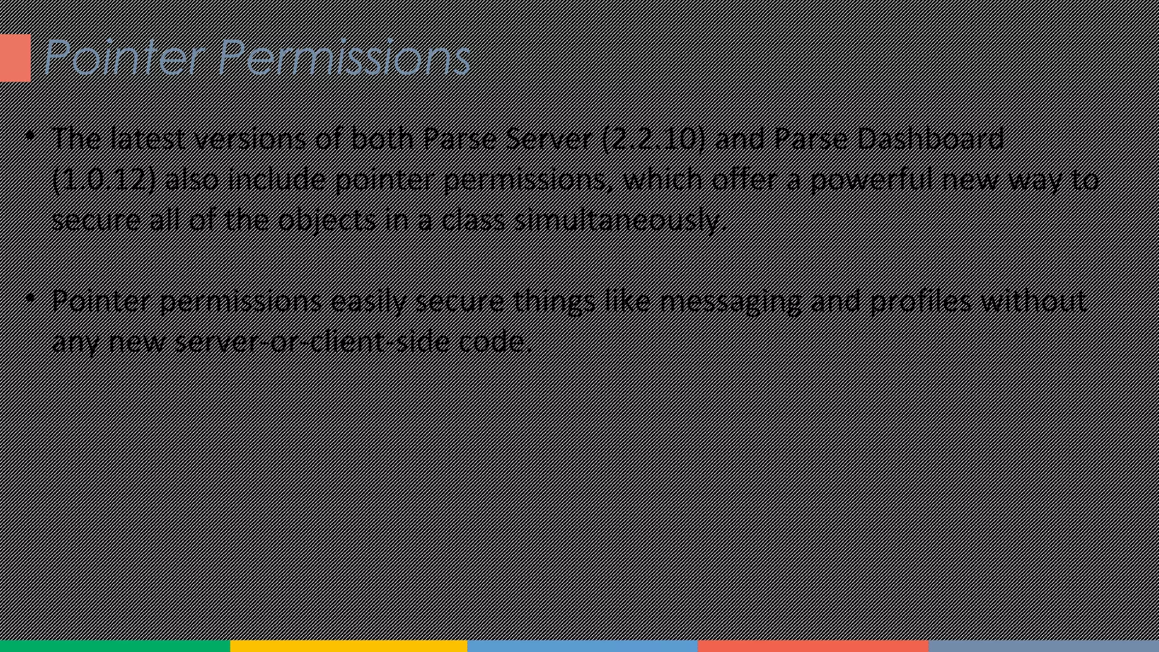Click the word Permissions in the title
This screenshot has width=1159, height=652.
point(344,58)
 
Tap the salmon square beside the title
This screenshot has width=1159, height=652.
point(15,58)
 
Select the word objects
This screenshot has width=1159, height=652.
point(327,220)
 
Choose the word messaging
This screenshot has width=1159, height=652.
point(731,301)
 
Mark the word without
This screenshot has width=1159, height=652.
point(1033,301)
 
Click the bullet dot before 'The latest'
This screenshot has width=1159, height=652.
point(30,136)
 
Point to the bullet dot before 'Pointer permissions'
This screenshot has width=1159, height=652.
point(30,297)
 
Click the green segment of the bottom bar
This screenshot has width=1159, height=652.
point(115,646)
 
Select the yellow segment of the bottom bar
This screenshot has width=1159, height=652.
point(349,646)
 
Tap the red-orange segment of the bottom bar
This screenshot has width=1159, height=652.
point(813,646)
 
